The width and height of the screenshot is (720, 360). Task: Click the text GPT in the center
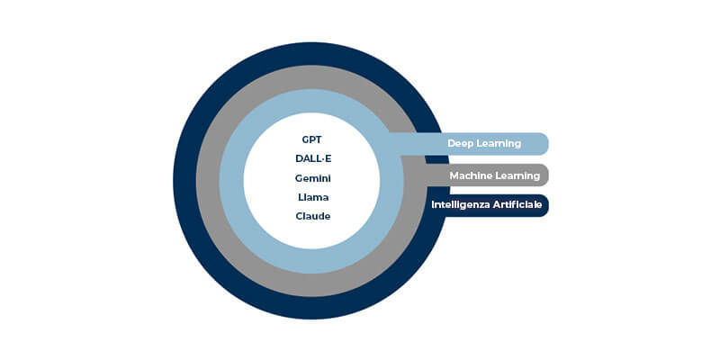tap(311, 140)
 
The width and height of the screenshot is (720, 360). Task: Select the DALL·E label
tap(312, 159)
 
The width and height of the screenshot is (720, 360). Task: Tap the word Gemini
tap(312, 178)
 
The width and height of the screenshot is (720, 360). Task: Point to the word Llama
tap(312, 197)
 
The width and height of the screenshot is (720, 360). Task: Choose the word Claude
tap(312, 216)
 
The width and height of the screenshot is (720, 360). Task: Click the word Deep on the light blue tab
tap(463, 144)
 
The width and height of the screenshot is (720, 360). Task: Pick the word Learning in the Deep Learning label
tap(500, 144)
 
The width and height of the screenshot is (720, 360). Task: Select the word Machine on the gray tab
tap(471, 175)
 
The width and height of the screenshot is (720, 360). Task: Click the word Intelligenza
tap(459, 206)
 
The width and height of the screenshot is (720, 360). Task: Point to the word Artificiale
tap(516, 206)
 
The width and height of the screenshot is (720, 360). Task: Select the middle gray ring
tap(208, 180)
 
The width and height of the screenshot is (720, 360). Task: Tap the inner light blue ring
tap(231, 180)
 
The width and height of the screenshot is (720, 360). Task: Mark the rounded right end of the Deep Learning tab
tap(542, 144)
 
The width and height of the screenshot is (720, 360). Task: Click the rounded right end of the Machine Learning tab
tap(543, 175)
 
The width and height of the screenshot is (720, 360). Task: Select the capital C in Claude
tap(299, 216)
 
